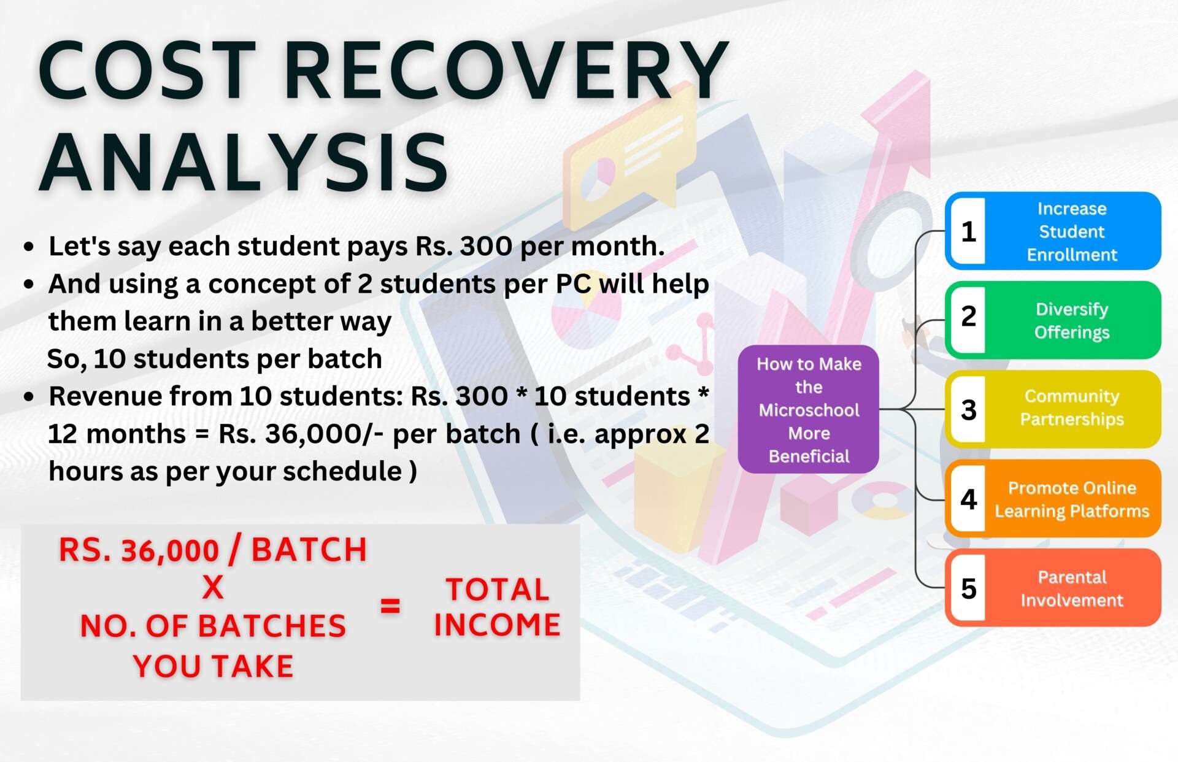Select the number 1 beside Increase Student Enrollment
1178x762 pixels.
pos(969,231)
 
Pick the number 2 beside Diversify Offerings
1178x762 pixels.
pos(969,316)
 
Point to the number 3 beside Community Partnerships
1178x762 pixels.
pos(969,410)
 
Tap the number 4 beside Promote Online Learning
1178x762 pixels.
pos(969,499)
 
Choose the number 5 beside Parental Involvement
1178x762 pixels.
pos(969,588)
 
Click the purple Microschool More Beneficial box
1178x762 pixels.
pos(809,409)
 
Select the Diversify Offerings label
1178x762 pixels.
pos(1072,320)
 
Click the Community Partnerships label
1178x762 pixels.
pos(1072,407)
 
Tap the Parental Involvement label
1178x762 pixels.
pos(1072,588)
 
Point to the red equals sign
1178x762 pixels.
pos(390,606)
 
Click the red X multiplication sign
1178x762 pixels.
pos(213,588)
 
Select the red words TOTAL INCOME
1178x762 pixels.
pos(497,607)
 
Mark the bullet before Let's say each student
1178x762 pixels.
pos(28,247)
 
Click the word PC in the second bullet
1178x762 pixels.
pos(573,284)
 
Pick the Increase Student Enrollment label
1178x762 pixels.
pos(1072,231)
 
